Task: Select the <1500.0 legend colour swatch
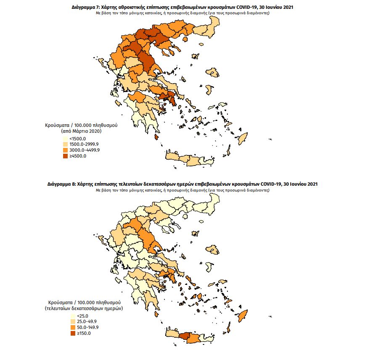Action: (x=65, y=139)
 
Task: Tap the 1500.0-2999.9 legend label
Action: (x=84, y=145)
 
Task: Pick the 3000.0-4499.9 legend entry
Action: (x=84, y=150)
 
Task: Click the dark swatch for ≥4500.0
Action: (x=65, y=156)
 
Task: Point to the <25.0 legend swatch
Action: (x=73, y=316)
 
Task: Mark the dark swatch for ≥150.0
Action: (x=73, y=334)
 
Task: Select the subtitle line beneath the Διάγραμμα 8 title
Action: (x=185, y=190)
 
